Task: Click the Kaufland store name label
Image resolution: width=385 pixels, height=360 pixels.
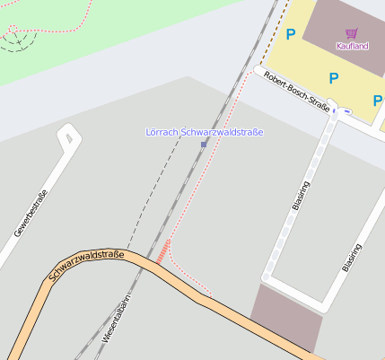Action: click(352, 46)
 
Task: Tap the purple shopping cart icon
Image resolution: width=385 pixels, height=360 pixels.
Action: click(351, 33)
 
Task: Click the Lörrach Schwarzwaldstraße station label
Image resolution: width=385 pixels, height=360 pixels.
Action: click(205, 132)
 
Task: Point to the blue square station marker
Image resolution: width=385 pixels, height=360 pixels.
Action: click(204, 144)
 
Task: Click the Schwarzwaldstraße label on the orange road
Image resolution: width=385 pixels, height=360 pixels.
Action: click(86, 266)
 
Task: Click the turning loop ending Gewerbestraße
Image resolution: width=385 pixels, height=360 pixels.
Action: click(66, 137)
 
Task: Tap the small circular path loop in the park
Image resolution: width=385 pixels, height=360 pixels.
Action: click(13, 37)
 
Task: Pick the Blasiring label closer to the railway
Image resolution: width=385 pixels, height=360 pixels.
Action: click(302, 195)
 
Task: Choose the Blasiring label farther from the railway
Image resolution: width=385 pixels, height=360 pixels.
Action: click(352, 257)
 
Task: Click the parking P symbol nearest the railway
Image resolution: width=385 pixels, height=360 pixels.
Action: click(290, 35)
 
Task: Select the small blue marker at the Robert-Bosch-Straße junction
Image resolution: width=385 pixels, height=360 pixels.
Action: click(346, 112)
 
